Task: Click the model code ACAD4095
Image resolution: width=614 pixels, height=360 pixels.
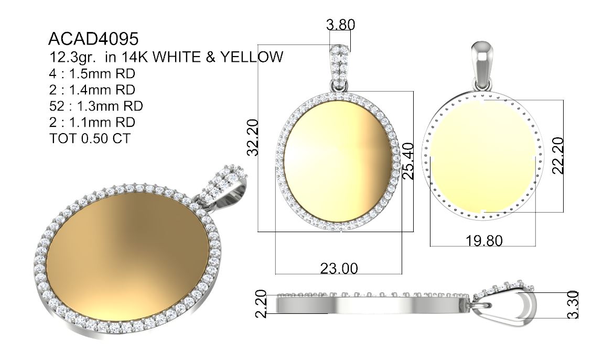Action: point(93,39)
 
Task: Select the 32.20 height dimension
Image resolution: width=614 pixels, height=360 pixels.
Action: point(253,138)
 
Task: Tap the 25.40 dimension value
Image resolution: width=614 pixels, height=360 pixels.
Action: point(408,161)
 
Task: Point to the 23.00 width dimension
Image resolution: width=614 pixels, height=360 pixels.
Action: point(339,268)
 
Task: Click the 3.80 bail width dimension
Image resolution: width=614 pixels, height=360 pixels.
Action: point(341,25)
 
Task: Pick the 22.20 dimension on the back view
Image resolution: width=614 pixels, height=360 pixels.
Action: point(557,155)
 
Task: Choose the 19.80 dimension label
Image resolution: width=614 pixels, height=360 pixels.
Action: point(484,241)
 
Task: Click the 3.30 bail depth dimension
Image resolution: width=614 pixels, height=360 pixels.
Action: point(573,304)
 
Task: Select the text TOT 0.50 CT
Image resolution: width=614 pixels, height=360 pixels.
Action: point(90,138)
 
